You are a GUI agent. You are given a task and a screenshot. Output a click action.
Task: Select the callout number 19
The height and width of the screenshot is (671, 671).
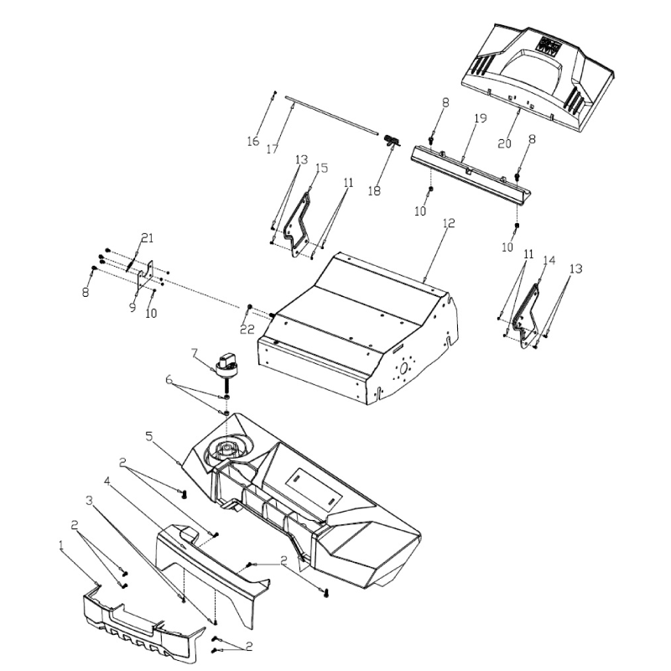click(x=481, y=119)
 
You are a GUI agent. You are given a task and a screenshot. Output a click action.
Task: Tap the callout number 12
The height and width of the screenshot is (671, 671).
click(x=448, y=223)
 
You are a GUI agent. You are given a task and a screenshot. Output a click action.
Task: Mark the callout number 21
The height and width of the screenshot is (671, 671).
click(x=148, y=238)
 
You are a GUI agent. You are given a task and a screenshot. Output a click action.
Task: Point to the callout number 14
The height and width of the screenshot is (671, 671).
click(x=549, y=261)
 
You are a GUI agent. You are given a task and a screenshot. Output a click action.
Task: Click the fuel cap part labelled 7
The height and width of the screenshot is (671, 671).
click(x=227, y=365)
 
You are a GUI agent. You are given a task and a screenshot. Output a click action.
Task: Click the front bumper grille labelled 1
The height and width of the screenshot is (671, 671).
click(x=143, y=621)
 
